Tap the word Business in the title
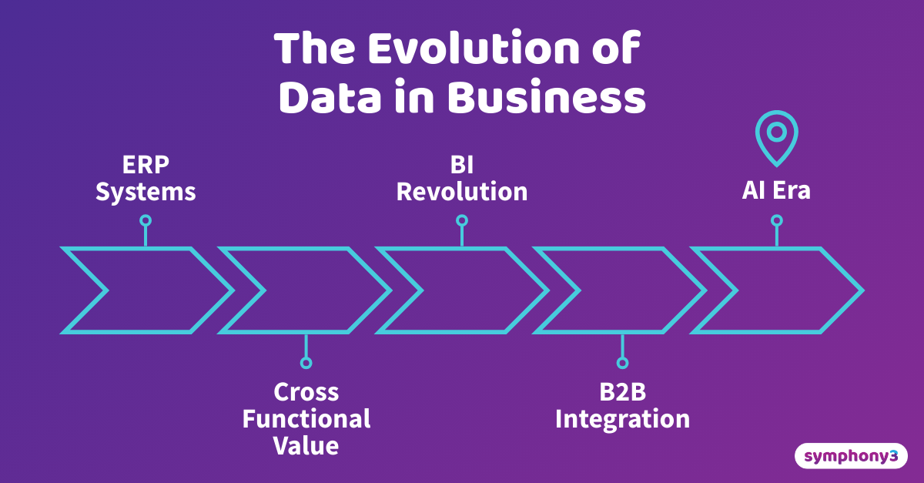pos(546,98)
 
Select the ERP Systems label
pos(146,178)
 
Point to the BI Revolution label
pos(462,178)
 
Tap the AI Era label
pos(776,190)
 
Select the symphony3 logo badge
pos(851,456)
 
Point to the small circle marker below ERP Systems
pos(146,220)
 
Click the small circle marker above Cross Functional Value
pos(306,362)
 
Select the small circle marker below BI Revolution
pos(462,220)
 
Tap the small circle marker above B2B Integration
pos(622,362)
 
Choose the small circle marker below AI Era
pos(776,220)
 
